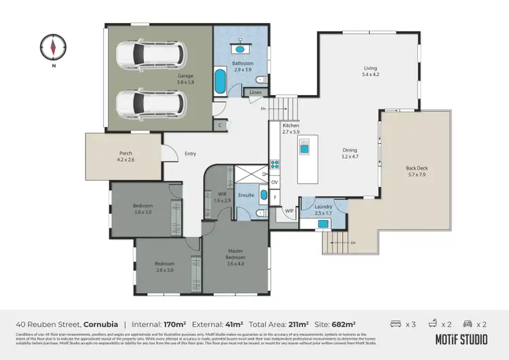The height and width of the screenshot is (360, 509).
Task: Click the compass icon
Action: (54, 47)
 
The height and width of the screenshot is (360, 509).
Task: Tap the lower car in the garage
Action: (151, 103)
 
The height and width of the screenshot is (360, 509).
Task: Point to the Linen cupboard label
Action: (255, 92)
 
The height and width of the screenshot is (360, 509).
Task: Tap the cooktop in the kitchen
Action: (274, 164)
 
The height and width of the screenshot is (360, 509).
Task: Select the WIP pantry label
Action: (289, 211)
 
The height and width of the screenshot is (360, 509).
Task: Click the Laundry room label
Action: (324, 206)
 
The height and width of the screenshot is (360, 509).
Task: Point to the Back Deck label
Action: (417, 168)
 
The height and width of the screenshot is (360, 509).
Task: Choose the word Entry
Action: (191, 154)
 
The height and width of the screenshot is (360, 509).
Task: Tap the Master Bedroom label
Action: (235, 254)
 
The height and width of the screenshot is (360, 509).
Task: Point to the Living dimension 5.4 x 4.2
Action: (370, 75)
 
